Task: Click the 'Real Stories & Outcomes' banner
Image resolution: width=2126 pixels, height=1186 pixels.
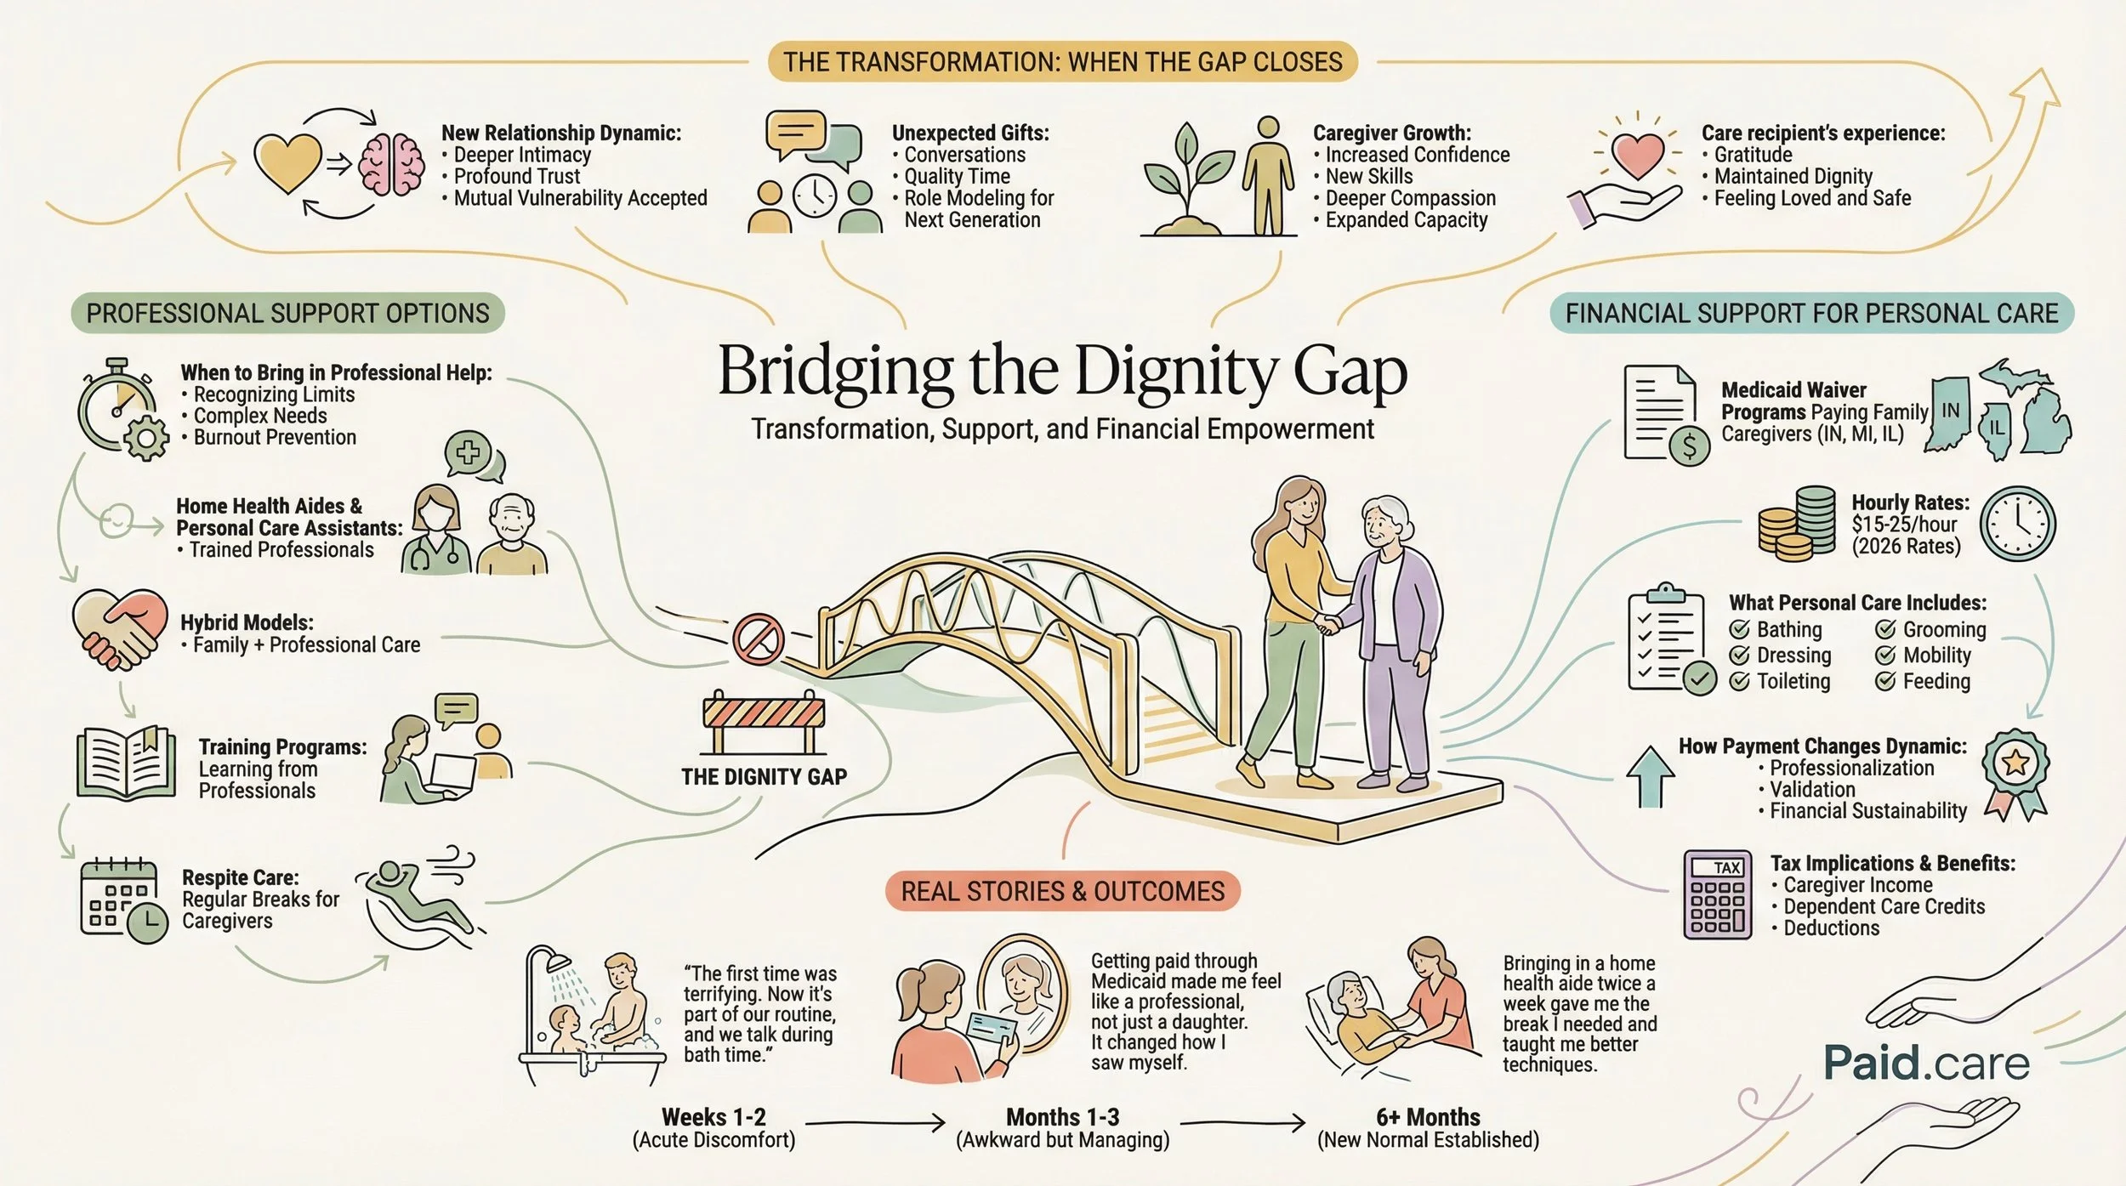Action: coord(1062,891)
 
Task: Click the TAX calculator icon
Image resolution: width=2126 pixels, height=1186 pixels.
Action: coord(1717,894)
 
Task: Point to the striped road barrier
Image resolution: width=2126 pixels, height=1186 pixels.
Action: coord(763,712)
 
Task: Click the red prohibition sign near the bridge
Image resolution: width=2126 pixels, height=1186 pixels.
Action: coord(758,638)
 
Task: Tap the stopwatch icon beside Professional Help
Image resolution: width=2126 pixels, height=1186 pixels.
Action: coord(117,406)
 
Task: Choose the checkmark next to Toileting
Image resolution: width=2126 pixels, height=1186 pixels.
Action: coord(1740,681)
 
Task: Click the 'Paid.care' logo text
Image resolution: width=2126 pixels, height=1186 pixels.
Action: coord(1925,1063)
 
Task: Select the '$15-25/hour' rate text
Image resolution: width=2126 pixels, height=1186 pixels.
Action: coord(1904,525)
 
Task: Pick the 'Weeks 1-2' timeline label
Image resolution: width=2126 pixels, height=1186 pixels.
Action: coord(713,1116)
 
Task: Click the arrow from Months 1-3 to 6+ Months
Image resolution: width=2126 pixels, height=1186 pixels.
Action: coord(1242,1124)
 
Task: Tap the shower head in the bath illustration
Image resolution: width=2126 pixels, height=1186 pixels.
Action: coord(558,963)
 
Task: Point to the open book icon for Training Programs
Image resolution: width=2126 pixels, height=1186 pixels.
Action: coord(126,763)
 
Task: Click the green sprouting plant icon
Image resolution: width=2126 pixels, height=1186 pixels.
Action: coord(1188,174)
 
